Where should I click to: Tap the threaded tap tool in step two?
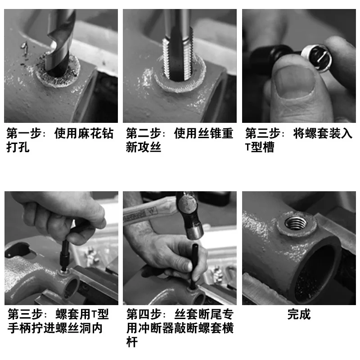pyautogui.click(x=178, y=46)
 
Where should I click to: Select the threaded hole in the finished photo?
pyautogui.click(x=296, y=223)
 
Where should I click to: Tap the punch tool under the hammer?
pyautogui.click(x=195, y=266)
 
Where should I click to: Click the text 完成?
pyautogui.click(x=299, y=314)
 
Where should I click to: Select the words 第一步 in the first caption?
pyautogui.click(x=24, y=133)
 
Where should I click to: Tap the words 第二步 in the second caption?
pyautogui.click(x=143, y=133)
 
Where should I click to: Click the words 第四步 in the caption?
pyautogui.click(x=144, y=314)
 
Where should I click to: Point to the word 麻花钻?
pyautogui.click(x=96, y=133)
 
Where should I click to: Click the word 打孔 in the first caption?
pyautogui.click(x=18, y=147)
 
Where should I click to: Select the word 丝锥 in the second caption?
pyautogui.click(x=210, y=133)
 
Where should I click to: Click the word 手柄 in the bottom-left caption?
pyautogui.click(x=19, y=328)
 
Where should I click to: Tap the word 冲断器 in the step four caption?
pyautogui.click(x=156, y=328)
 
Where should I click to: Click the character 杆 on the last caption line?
pyautogui.click(x=132, y=342)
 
